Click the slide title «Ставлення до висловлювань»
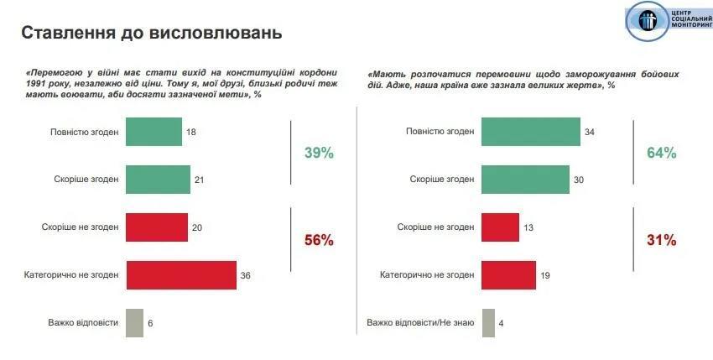pyautogui.click(x=151, y=33)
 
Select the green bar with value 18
pyautogui.click(x=154, y=132)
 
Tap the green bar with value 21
pyautogui.click(x=158, y=179)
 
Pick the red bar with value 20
pyautogui.click(x=156, y=227)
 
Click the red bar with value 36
pyautogui.click(x=181, y=274)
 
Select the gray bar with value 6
pyautogui.click(x=134, y=322)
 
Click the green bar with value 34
pyautogui.click(x=531, y=132)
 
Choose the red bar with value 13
pyautogui.click(x=501, y=227)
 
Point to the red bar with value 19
pyautogui.click(x=509, y=274)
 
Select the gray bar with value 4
pyautogui.click(x=488, y=322)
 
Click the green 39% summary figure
pyautogui.click(x=319, y=154)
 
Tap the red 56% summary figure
pyautogui.click(x=319, y=240)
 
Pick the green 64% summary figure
pyautogui.click(x=661, y=154)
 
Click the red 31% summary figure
pyautogui.click(x=661, y=240)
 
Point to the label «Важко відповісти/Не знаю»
pyautogui.click(x=420, y=323)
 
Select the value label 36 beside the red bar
pyautogui.click(x=247, y=275)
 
